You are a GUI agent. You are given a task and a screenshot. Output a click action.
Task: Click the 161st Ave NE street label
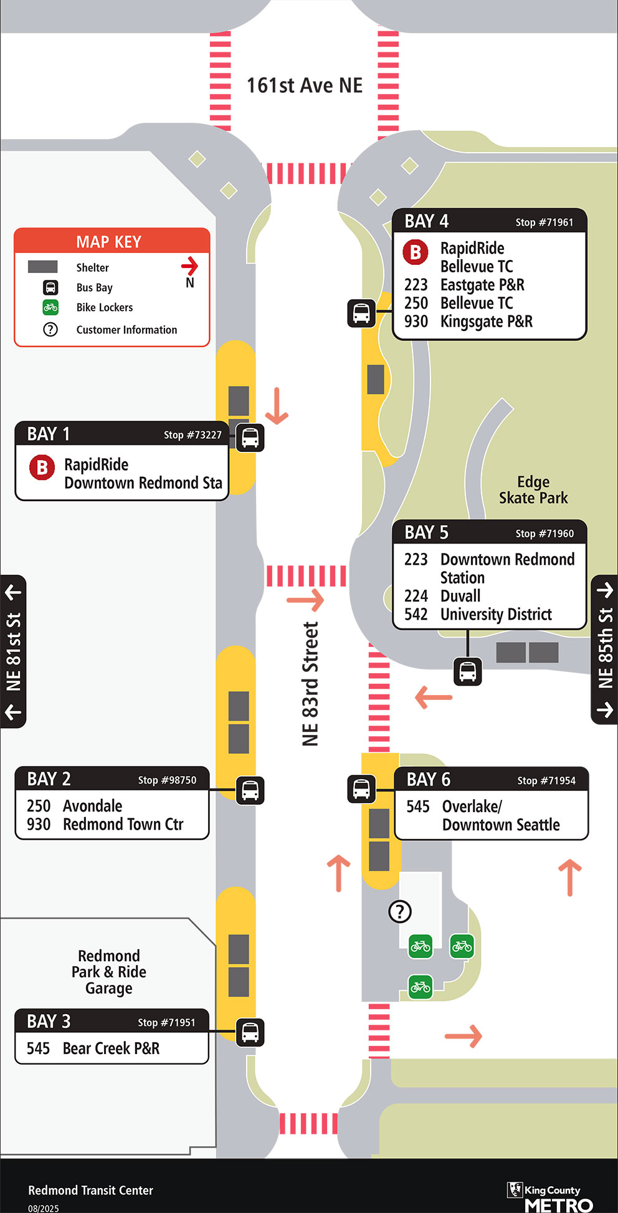(305, 85)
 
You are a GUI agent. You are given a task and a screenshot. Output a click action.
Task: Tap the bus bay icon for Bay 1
(250, 438)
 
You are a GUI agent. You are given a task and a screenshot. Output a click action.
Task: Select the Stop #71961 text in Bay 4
(544, 223)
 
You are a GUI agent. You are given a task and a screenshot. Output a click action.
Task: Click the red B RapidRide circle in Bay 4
(416, 252)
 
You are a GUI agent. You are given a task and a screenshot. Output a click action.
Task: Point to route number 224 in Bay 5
(416, 596)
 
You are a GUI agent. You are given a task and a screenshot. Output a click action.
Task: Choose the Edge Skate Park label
(533, 490)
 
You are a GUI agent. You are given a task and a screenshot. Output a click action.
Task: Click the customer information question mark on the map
(400, 911)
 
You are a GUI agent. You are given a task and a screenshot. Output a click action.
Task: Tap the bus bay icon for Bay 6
(361, 789)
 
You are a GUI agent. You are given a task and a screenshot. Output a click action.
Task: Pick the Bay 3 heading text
(49, 1022)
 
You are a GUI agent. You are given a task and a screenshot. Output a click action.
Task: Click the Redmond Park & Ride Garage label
(109, 972)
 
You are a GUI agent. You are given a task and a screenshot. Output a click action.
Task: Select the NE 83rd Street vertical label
(310, 684)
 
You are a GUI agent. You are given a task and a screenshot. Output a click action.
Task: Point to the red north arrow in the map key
(189, 267)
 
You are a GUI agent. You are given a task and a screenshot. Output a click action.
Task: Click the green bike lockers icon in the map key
(50, 307)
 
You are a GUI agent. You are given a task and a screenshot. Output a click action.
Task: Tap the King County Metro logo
(551, 1196)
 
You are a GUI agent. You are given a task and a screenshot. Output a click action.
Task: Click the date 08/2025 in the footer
(44, 1208)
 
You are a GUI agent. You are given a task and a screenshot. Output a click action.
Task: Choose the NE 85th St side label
(605, 649)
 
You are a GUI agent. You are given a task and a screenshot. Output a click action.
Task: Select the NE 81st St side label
(13, 651)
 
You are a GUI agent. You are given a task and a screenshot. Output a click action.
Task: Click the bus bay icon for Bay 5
(468, 672)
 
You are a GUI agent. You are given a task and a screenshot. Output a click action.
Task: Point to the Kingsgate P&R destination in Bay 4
(486, 322)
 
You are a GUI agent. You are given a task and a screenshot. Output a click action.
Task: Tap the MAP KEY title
(109, 242)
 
